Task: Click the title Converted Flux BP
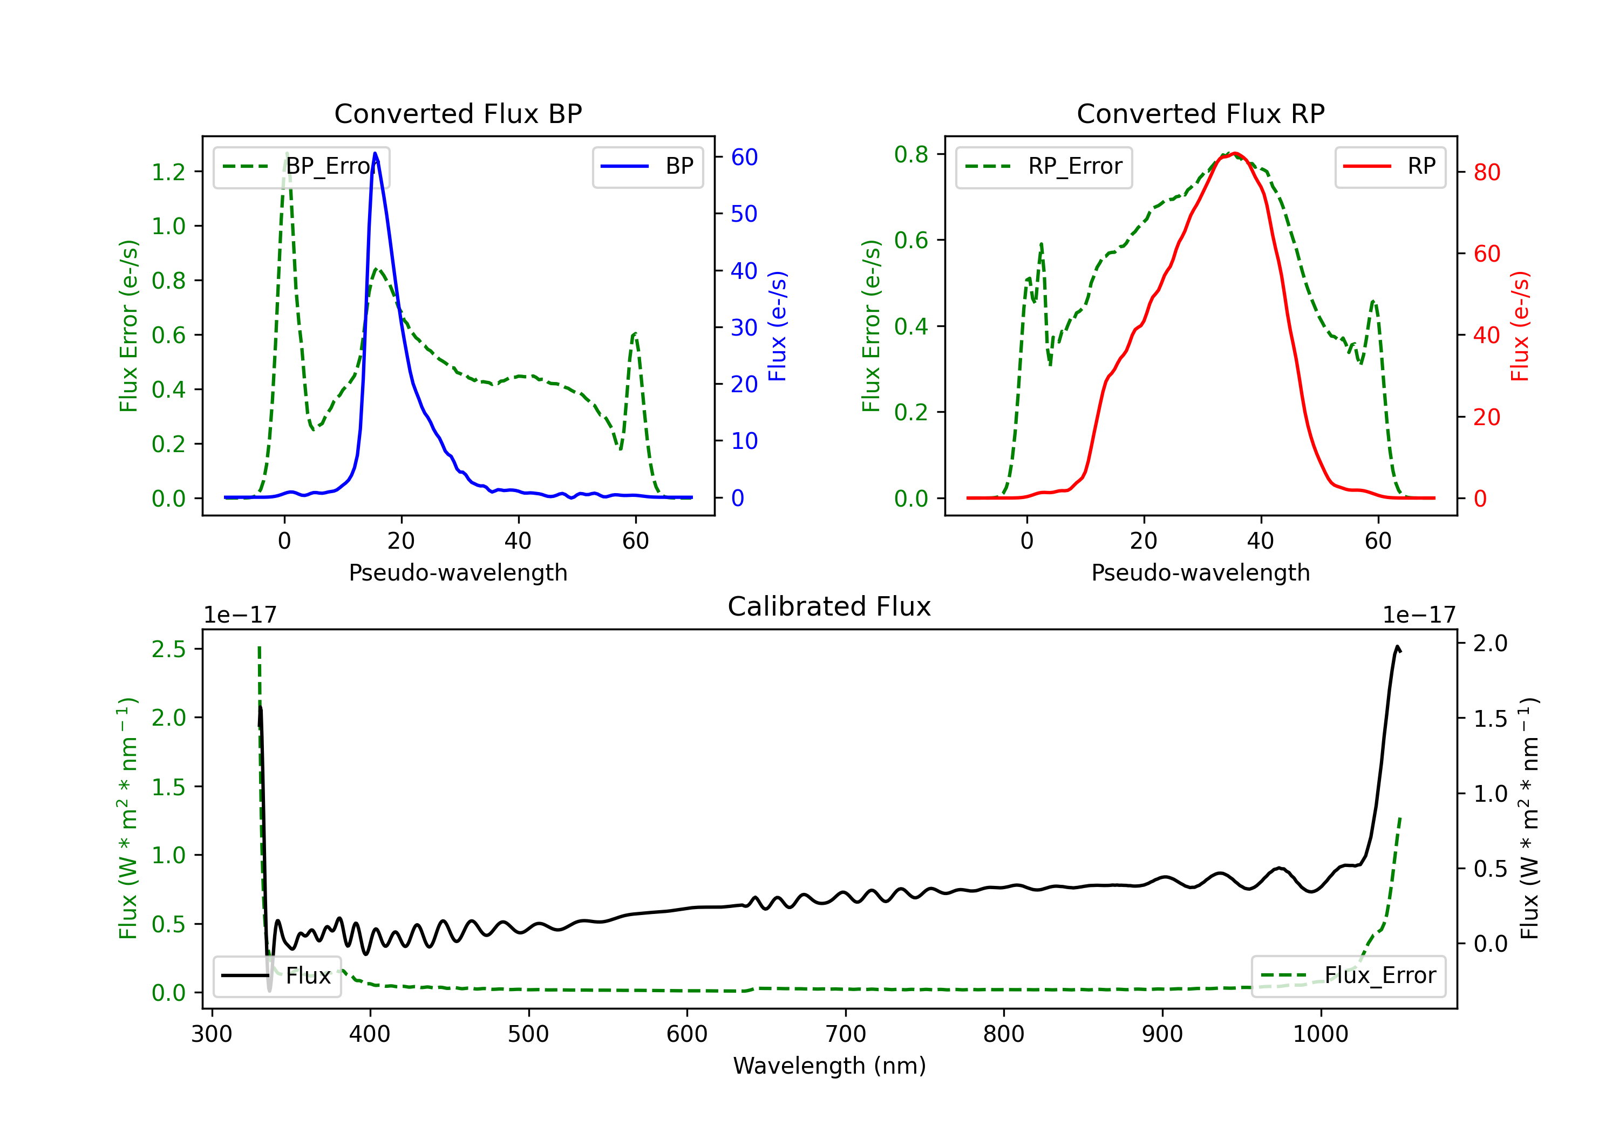(x=458, y=113)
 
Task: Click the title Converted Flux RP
(x=1200, y=113)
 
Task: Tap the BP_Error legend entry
(x=301, y=166)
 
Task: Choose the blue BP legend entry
(x=647, y=166)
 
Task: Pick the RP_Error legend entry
(x=1044, y=166)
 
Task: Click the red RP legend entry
(x=1390, y=166)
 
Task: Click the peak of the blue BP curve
(x=375, y=153)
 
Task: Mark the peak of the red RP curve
(x=1235, y=154)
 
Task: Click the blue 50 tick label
(x=744, y=214)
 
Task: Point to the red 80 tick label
(x=1486, y=172)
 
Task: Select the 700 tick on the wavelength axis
(x=846, y=1034)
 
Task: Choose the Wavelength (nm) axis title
(x=829, y=1066)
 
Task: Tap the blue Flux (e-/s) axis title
(x=777, y=326)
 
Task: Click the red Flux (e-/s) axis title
(x=1520, y=326)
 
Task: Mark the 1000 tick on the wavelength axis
(x=1320, y=1034)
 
